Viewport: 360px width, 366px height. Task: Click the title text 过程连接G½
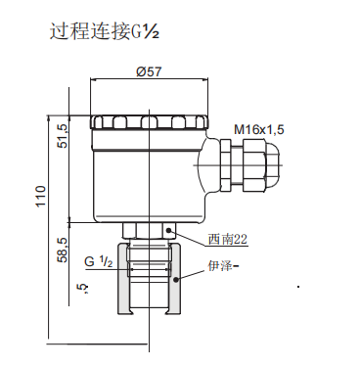[105, 31]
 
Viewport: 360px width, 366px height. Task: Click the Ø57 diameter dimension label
[149, 71]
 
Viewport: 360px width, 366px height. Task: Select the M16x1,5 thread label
[259, 129]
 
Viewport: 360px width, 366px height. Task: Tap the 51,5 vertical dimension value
[64, 136]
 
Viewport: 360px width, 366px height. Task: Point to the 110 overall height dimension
[41, 196]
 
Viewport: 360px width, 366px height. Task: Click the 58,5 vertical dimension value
[64, 250]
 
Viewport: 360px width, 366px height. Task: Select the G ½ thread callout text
[99, 261]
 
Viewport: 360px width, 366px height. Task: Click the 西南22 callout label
[228, 240]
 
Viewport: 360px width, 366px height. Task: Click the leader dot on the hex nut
[169, 231]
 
